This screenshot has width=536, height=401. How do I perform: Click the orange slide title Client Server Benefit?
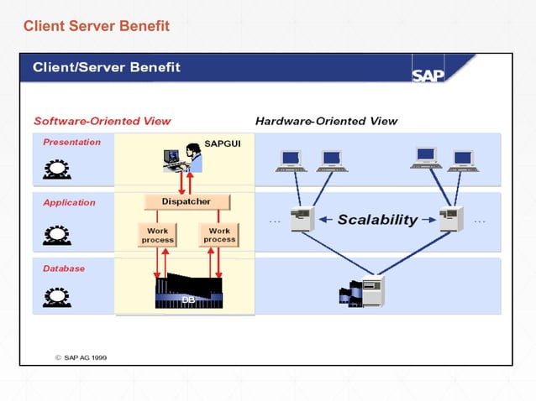tap(97, 27)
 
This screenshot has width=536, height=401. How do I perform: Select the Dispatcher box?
tap(186, 201)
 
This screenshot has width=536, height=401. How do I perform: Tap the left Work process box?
tap(157, 235)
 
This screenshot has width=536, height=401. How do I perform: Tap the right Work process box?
tap(219, 235)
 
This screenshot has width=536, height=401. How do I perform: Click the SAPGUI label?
tap(223, 144)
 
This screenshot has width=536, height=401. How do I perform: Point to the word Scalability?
tap(377, 220)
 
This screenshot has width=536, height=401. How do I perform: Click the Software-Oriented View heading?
tap(102, 121)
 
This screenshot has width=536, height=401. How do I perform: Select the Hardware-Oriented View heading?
tap(326, 121)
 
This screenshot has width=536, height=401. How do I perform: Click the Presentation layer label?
tap(71, 142)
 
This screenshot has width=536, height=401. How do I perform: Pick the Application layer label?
tap(69, 202)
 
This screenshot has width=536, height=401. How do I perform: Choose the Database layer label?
tap(64, 268)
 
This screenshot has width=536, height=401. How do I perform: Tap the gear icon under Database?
tap(56, 296)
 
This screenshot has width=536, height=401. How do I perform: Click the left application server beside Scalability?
tap(301, 219)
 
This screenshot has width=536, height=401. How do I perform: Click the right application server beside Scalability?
tap(451, 219)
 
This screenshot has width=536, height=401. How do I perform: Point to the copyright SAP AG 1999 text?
tap(81, 357)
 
